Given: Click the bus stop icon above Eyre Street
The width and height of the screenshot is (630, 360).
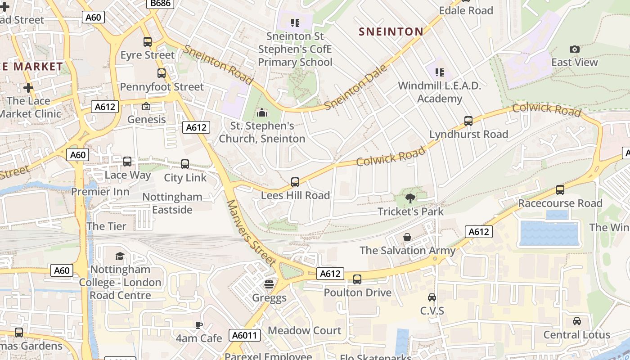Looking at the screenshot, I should [x=148, y=42].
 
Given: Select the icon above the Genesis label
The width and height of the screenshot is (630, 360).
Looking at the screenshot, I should [x=146, y=107].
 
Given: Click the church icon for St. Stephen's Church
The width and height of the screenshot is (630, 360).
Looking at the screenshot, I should [x=262, y=112].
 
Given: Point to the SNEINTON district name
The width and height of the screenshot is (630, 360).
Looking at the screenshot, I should [x=391, y=31].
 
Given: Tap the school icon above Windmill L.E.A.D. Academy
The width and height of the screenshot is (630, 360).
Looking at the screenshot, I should [x=440, y=72].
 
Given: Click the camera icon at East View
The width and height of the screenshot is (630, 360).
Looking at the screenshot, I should [x=574, y=49].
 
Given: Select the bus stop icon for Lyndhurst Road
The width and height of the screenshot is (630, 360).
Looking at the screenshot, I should [x=468, y=121].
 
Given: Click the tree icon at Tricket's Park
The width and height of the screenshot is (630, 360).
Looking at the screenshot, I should [x=410, y=198].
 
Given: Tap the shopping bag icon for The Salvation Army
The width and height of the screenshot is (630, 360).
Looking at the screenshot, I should [x=407, y=237].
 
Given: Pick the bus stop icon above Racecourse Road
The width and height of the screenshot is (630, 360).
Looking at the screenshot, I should [x=560, y=190].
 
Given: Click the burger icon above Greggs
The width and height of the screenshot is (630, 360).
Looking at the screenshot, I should [x=269, y=284].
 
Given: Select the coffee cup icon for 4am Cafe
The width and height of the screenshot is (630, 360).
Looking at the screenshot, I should [x=199, y=325].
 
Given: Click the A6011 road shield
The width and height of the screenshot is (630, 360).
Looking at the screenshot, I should [x=245, y=335].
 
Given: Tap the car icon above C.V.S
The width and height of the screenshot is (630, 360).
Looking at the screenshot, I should [x=432, y=297].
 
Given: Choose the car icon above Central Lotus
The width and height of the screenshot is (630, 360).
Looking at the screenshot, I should [x=576, y=321].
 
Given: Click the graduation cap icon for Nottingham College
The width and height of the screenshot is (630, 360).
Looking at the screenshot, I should [x=120, y=256].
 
